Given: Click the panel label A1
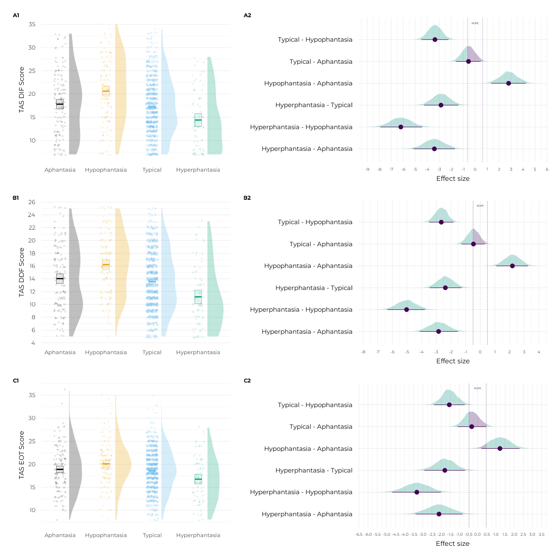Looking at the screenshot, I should pos(16,15).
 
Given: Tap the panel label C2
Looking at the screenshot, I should pos(247,380).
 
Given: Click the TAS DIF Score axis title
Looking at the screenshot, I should pos(22,90).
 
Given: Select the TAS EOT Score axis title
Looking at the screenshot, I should pos(22,455).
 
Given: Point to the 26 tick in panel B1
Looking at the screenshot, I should pos(32,202).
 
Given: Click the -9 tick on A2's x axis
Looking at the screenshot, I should pos(367,170).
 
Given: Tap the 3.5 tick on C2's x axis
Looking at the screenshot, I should pos(541,535).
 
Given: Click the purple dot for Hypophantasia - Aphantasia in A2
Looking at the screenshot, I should pos(508,83).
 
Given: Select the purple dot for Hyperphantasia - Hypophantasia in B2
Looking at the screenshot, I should pos(407,310).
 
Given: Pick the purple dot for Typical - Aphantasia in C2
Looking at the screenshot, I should pos(472,427).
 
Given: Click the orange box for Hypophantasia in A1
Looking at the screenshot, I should pos(106,91).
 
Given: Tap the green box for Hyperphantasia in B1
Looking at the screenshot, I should pos(198,297).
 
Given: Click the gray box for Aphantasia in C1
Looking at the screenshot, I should pos(60,469).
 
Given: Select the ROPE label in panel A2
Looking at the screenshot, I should pos(475,23).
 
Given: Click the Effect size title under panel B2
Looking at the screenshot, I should pos(452,361).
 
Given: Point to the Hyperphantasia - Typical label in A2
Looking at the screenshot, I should pos(314,105).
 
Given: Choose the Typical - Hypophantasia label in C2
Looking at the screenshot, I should pos(315,405).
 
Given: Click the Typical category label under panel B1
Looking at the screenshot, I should pos(152,352).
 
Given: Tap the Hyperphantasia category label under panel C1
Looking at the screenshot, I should pos(198,535).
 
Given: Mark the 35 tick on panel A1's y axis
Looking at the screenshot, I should pos(32,25).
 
